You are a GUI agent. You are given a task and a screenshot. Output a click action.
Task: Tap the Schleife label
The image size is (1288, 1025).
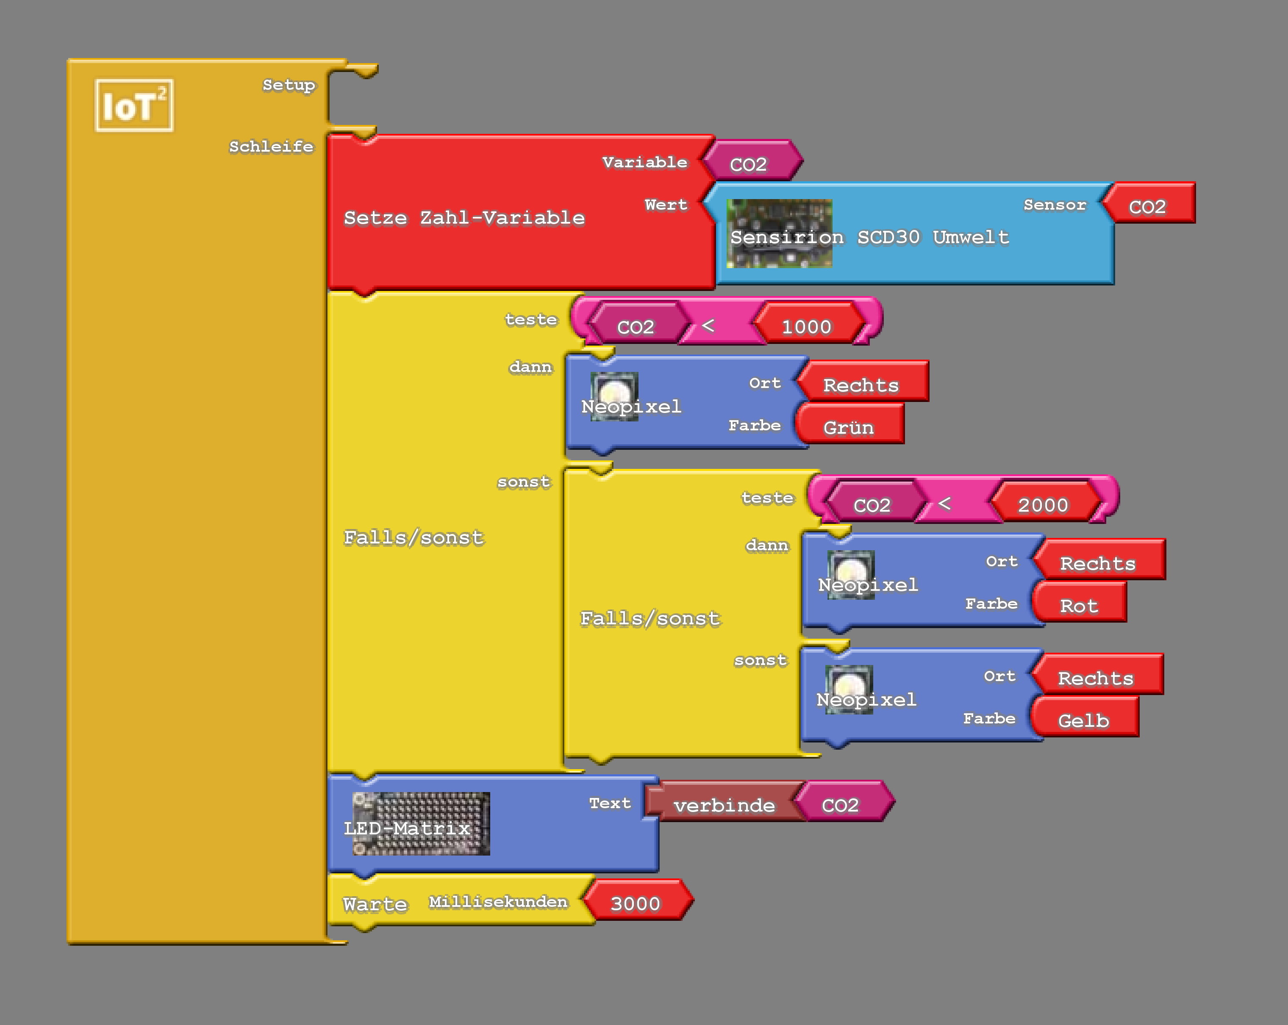pos(271,147)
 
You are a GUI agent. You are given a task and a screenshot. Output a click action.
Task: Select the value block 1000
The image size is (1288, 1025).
pos(807,326)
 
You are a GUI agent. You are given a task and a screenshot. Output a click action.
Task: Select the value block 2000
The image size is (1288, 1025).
pos(1042,505)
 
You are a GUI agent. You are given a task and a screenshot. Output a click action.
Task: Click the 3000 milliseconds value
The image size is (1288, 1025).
pos(635,903)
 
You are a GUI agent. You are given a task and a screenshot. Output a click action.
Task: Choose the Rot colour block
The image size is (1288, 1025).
pos(1079,606)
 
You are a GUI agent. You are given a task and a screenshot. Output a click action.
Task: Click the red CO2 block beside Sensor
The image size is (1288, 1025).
pos(1147,206)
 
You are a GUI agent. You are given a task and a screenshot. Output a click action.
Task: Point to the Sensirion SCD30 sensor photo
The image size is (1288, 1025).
pos(779,233)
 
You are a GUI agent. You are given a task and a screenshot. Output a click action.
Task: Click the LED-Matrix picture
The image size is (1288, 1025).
pos(421,824)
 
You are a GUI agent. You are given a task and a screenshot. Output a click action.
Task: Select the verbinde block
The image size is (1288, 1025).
pos(724,805)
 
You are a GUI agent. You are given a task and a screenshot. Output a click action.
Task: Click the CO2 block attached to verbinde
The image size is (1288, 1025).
pos(840,805)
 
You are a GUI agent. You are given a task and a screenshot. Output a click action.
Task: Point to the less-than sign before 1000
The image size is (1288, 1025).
pos(708,326)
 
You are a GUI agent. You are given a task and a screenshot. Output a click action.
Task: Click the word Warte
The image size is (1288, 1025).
pos(375,904)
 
